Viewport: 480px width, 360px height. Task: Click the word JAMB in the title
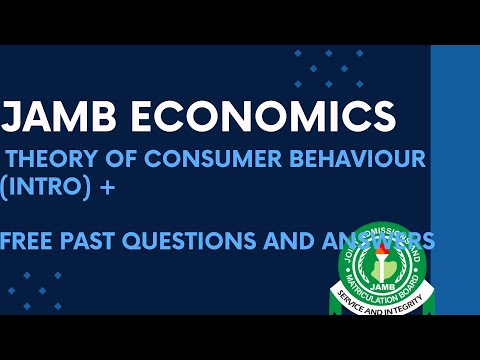(x=55, y=117)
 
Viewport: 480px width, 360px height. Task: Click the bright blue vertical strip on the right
(x=455, y=180)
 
